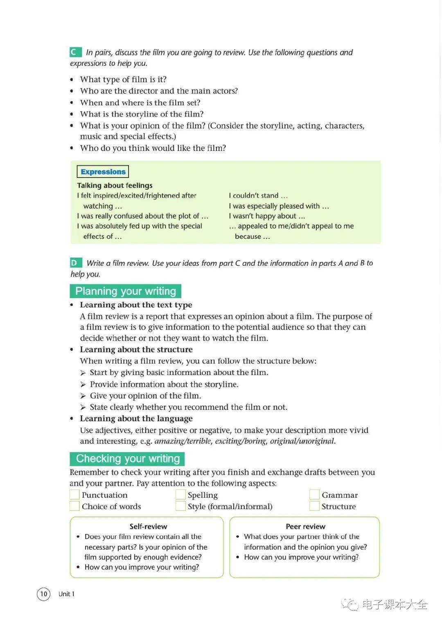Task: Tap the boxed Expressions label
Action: pos(103,172)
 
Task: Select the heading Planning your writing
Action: pos(125,291)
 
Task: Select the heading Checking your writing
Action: pos(127,459)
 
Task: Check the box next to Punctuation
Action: pos(74,495)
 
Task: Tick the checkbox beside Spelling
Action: pos(180,495)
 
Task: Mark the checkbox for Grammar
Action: pos(314,495)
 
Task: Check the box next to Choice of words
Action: pos(74,506)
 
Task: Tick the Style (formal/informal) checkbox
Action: pos(180,506)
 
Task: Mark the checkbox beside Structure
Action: pos(314,506)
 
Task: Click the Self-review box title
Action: pos(148,526)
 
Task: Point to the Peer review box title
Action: pos(305,526)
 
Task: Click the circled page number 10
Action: pos(44,594)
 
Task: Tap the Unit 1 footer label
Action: pos(66,594)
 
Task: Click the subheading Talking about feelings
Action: pos(115,185)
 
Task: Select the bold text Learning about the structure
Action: pos(136,350)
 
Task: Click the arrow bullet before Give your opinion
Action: pos(83,396)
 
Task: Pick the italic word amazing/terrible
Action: pos(183,441)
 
